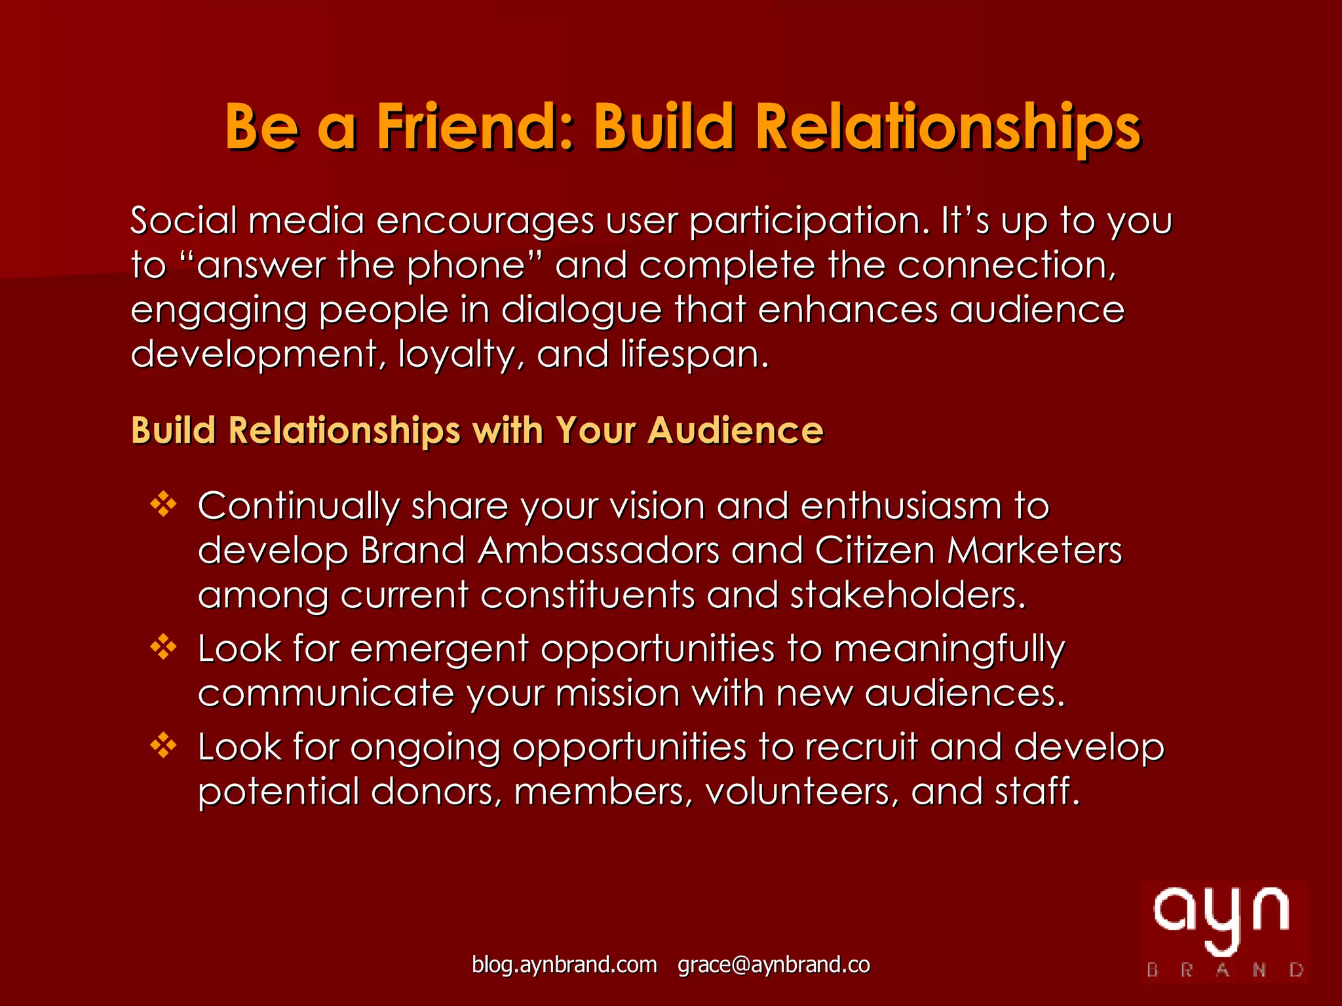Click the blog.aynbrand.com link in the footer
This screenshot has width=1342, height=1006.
pyautogui.click(x=564, y=965)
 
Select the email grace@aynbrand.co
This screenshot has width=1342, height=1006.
pyautogui.click(x=774, y=965)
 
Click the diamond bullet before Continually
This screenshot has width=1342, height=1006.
pyautogui.click(x=163, y=504)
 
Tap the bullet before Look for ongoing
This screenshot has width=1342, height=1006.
pyautogui.click(x=163, y=745)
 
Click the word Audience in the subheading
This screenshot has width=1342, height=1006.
pyautogui.click(x=735, y=430)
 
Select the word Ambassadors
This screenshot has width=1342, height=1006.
pyautogui.click(x=598, y=550)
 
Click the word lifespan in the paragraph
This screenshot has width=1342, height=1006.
pyautogui.click(x=695, y=354)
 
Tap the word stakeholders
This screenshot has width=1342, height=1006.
pyautogui.click(x=908, y=595)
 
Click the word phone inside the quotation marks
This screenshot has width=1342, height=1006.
pyautogui.click(x=466, y=266)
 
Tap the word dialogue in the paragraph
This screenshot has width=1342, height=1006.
pyautogui.click(x=582, y=310)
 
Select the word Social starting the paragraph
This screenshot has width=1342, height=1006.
pyautogui.click(x=183, y=220)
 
